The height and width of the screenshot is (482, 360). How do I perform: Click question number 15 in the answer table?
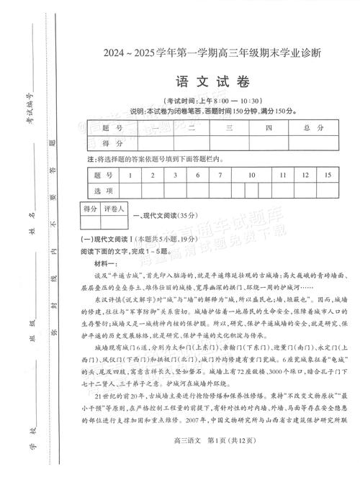[x=328, y=175]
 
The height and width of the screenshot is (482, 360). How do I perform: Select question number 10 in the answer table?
[x=251, y=175]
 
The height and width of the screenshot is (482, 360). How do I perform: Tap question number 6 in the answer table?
[x=197, y=175]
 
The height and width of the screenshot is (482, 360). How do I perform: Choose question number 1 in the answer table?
[x=130, y=175]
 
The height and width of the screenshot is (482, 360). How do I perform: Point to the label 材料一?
[x=109, y=265]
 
